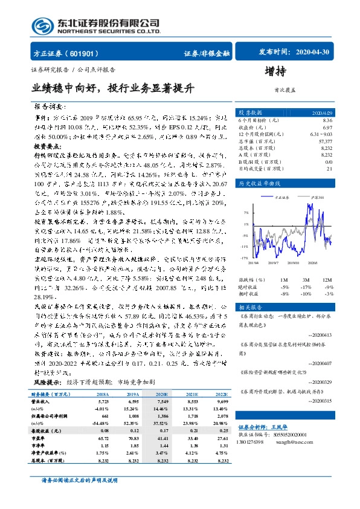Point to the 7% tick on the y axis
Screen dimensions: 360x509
[246, 213]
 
